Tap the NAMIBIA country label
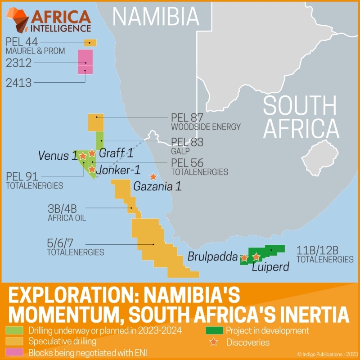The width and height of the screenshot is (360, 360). pyautogui.click(x=155, y=16)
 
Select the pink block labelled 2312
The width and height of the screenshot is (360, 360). pyautogui.click(x=85, y=58)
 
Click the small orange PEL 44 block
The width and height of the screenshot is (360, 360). pyautogui.click(x=90, y=43)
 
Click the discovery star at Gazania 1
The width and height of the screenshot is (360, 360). pyautogui.click(x=153, y=177)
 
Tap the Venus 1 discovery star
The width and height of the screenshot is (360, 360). pyautogui.click(x=83, y=156)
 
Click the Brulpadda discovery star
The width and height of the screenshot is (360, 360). pyautogui.click(x=244, y=258)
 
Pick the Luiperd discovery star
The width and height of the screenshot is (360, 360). pyautogui.click(x=256, y=256)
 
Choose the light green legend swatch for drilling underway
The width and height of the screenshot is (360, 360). pyautogui.click(x=14, y=331)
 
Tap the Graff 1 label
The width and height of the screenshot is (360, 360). pyautogui.click(x=116, y=153)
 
